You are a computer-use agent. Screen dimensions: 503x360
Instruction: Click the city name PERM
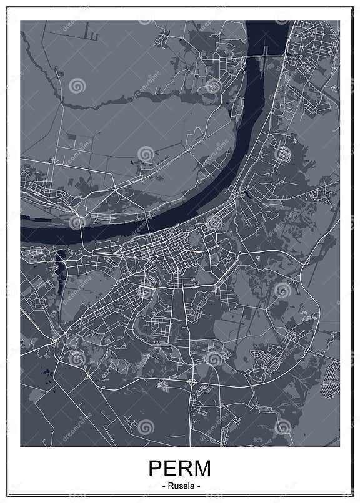click(x=179, y=469)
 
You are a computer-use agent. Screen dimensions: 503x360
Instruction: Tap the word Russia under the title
click(x=180, y=486)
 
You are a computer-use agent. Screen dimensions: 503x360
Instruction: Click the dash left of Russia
click(x=163, y=486)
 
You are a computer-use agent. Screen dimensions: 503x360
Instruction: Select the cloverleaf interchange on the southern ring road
click(x=192, y=381)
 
